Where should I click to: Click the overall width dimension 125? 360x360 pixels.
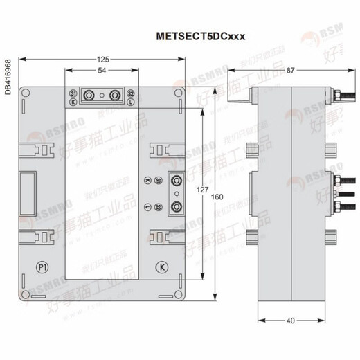(103, 60)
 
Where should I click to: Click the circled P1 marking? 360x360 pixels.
(41, 267)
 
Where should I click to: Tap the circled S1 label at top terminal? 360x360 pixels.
(73, 93)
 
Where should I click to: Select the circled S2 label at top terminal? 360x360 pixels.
(131, 93)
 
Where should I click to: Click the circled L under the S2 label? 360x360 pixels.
(131, 102)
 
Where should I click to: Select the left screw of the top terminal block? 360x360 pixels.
(89, 96)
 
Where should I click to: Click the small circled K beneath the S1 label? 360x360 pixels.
(73, 102)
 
